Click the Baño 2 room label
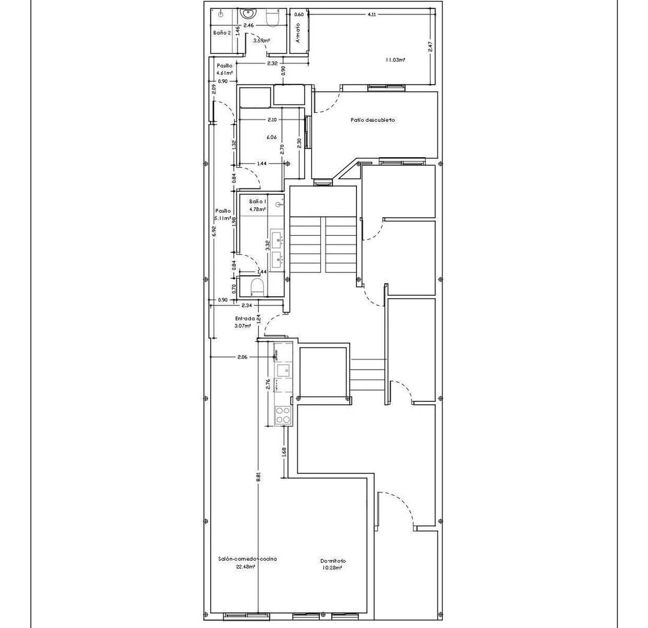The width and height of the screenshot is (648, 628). (221, 32)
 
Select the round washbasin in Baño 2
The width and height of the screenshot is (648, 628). (248, 13)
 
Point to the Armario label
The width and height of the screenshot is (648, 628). (298, 34)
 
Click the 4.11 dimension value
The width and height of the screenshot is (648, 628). (372, 14)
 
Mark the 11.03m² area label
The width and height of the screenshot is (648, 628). (395, 60)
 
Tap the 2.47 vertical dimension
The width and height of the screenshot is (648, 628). (430, 47)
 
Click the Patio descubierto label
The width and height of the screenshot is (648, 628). (373, 120)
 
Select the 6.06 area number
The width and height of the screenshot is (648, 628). (272, 137)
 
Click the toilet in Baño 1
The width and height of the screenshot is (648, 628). (257, 286)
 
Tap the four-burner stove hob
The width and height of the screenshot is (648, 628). (282, 414)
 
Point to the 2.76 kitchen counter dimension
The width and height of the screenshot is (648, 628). (268, 384)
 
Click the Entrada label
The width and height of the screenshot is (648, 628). (245, 318)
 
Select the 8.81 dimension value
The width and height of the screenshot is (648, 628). (258, 477)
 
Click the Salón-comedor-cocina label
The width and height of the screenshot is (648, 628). (247, 558)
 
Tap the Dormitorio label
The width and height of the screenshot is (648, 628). (332, 561)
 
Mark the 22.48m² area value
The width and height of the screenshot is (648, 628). (246, 566)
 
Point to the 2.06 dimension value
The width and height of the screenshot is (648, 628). (242, 357)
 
